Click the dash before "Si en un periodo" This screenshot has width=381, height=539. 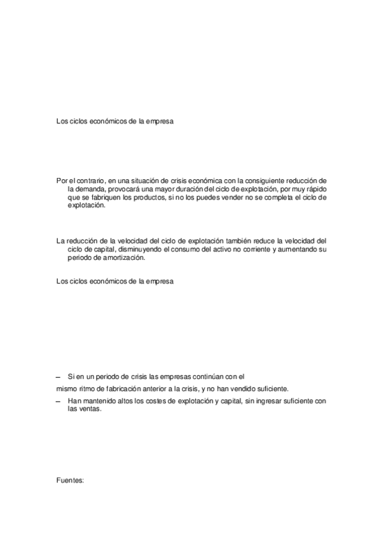pos(59,376)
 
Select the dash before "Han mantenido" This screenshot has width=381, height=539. pos(59,401)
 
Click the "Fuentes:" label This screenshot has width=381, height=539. pos(70,481)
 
